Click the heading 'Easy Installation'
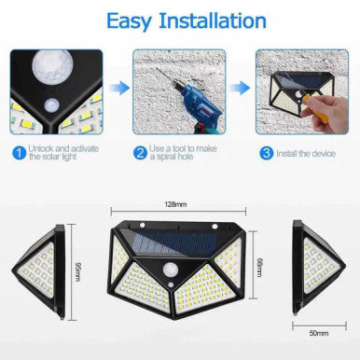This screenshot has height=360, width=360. [x=179, y=20]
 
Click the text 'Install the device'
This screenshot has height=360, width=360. [x=305, y=151]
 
